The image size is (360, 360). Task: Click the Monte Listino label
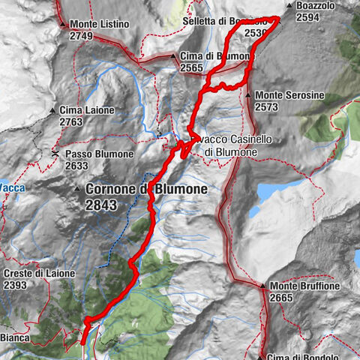coord(101,24)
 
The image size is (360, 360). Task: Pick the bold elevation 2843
coord(102,204)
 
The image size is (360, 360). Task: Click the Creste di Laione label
coord(39,274)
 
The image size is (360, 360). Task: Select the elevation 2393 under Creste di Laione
coord(19,285)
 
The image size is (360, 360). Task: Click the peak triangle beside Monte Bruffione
coord(263,286)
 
